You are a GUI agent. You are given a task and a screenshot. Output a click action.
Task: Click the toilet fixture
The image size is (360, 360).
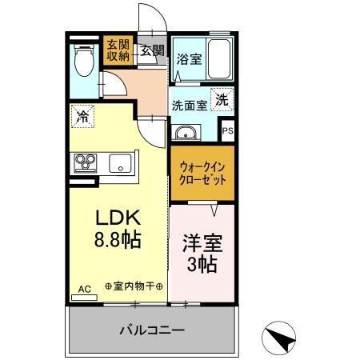pyautogui.click(x=83, y=60)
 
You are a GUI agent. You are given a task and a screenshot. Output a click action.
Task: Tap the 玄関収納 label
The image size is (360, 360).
pyautogui.click(x=117, y=50)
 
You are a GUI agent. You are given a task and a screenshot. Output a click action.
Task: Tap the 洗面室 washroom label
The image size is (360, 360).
pyautogui.click(x=189, y=103)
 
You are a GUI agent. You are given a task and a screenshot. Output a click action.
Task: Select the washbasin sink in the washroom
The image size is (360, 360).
pyautogui.click(x=186, y=132)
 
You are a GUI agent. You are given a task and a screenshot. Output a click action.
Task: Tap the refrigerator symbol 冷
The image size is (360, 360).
pyautogui.click(x=82, y=117)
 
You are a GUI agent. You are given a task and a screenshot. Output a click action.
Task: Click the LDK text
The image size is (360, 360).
pyautogui.click(x=118, y=218)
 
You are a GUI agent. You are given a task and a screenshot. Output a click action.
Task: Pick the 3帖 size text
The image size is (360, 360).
pyautogui.click(x=202, y=265)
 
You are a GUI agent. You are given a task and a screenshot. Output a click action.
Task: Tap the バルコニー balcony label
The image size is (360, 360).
pyautogui.click(x=152, y=329)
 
